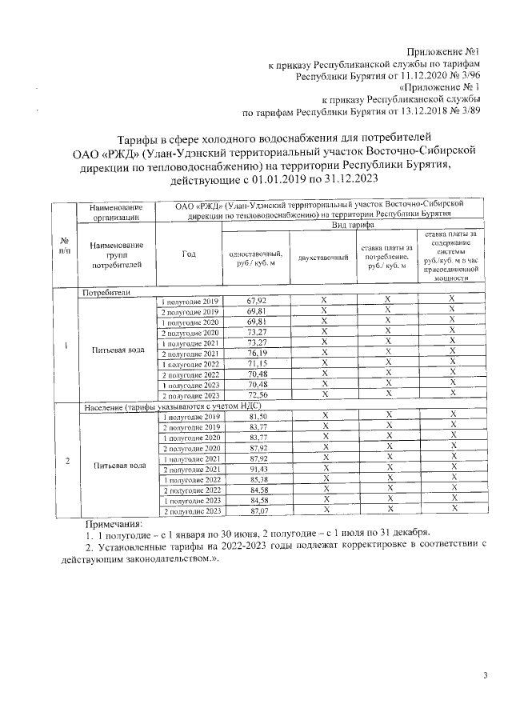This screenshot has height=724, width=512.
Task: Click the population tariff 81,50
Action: (x=258, y=417)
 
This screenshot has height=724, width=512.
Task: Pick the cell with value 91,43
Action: (x=258, y=469)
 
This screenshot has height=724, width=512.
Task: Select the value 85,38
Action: (x=258, y=479)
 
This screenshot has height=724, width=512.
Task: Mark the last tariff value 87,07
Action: (x=258, y=510)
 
